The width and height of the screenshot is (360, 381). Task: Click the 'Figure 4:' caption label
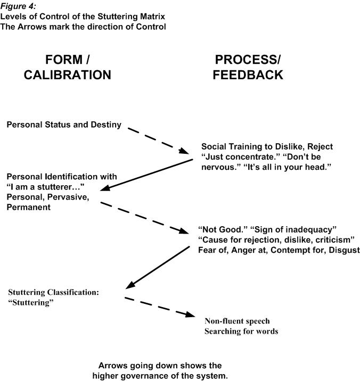(18, 6)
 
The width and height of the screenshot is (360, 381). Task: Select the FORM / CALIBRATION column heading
(68, 67)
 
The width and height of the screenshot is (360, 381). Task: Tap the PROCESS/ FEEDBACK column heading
(248, 67)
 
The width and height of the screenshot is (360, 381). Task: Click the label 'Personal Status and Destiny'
(64, 125)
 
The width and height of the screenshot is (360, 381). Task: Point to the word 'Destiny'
(106, 125)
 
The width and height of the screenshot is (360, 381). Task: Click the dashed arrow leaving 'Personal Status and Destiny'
(158, 140)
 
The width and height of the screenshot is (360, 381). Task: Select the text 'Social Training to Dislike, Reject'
(267, 146)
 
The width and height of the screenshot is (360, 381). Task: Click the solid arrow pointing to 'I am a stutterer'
(146, 175)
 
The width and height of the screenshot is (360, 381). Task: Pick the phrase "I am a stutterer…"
(45, 187)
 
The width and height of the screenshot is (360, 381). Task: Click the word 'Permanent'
(29, 208)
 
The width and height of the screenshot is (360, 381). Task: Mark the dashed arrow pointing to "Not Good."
(144, 218)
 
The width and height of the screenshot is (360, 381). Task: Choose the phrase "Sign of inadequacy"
(293, 230)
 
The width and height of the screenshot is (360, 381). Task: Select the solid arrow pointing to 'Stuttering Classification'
(158, 268)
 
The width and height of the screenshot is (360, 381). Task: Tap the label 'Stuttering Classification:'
(54, 292)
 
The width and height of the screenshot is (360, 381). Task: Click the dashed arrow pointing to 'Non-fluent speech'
(160, 307)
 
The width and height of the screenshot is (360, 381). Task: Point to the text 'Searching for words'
(241, 331)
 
